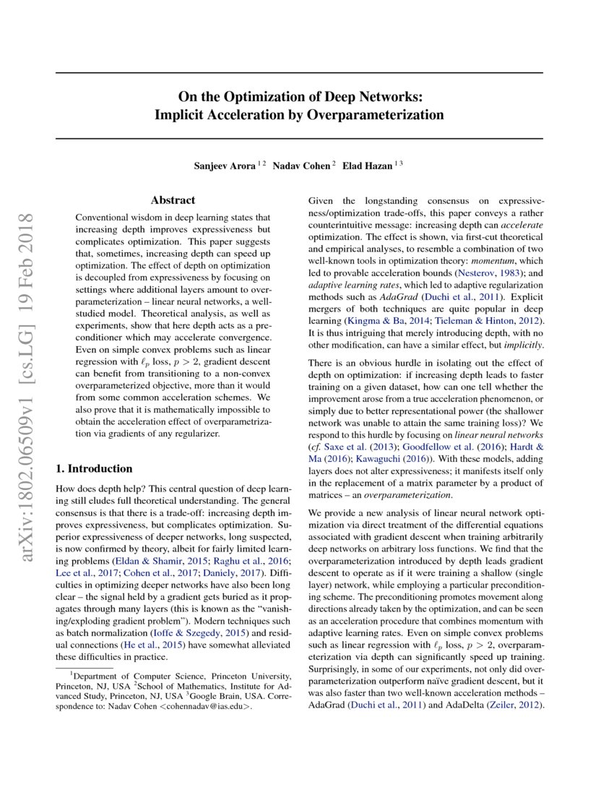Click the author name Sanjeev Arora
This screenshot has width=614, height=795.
coord(223,165)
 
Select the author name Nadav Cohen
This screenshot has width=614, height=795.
coord(301,165)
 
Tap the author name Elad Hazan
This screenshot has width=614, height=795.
coord(368,165)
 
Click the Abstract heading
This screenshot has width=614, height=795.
coord(173,200)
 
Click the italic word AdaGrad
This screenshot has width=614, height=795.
coord(397,296)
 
